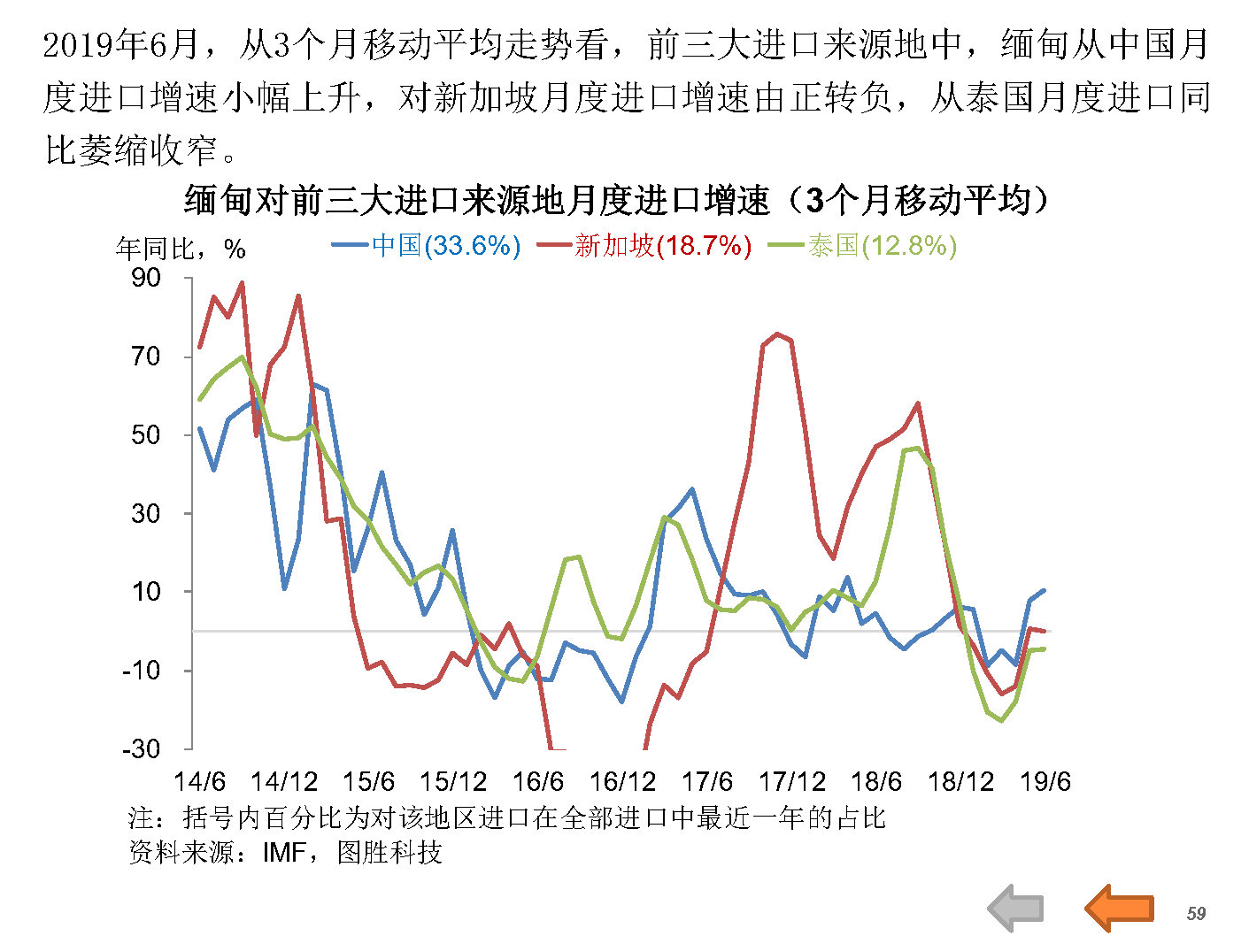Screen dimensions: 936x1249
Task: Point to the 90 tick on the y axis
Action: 146,278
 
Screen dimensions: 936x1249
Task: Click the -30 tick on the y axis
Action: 142,748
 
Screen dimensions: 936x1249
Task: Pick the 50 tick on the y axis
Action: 146,434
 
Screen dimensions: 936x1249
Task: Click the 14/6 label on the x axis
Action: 199,782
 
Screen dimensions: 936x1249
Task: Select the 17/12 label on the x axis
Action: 791,782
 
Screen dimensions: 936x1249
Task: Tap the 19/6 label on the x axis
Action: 1045,782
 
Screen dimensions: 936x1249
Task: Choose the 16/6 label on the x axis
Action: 537,782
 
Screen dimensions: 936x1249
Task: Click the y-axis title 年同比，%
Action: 181,249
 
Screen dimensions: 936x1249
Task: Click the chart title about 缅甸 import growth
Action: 616,201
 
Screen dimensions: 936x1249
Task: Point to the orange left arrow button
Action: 1119,908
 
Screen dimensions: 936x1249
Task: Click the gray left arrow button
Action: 1016,908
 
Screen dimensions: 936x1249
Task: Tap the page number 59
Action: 1196,913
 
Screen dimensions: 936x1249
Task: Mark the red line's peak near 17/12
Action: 776,334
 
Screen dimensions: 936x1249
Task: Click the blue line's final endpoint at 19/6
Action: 1045,590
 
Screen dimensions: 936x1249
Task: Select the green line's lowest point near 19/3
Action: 1001,720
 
